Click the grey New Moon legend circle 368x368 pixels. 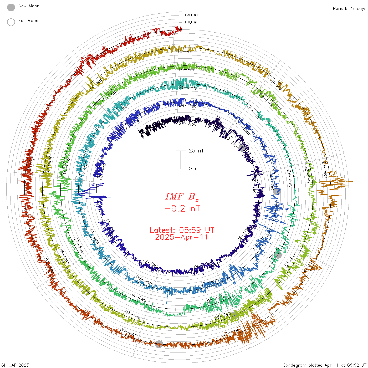[x=11, y=8]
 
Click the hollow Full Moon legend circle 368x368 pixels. [x=11, y=22]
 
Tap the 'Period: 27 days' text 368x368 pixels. [x=349, y=9]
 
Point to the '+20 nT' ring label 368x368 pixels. [x=191, y=15]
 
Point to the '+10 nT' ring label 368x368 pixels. [x=191, y=22]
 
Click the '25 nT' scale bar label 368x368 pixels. [x=196, y=151]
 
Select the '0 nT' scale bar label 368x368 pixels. [x=195, y=169]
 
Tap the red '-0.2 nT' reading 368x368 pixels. [x=182, y=209]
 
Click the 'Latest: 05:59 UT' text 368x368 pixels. [x=182, y=230]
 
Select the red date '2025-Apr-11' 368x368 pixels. [x=182, y=237]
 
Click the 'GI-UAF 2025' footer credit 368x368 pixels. [x=15, y=365]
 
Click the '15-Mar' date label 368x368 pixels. [x=186, y=52]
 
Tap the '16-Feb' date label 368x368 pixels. [x=187, y=70]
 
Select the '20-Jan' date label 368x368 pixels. [x=187, y=88]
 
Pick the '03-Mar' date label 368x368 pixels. [x=133, y=315]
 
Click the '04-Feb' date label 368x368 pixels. [x=138, y=297]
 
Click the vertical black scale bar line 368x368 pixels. [x=181, y=160]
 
